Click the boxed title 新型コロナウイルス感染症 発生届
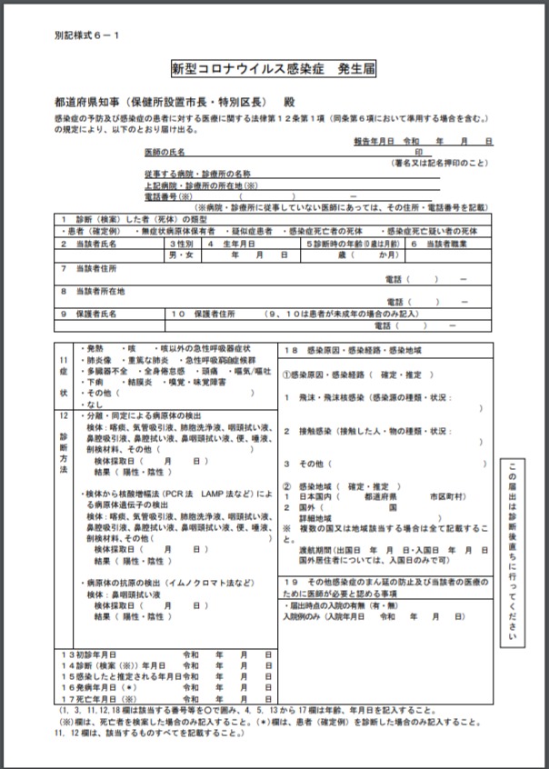(274, 68)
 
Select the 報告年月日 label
(373, 142)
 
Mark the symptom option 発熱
(94, 349)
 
